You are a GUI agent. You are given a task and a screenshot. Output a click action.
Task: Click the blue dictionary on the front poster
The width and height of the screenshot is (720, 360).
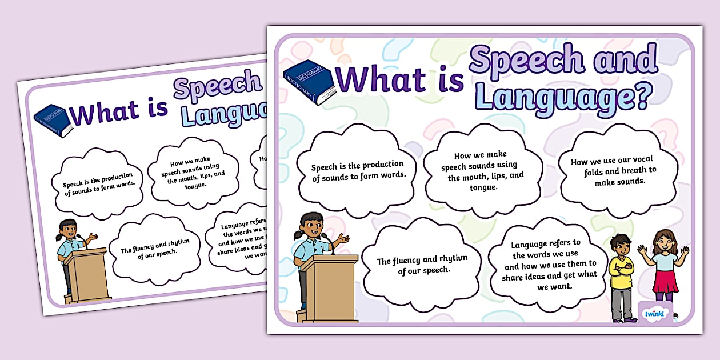pos(309,81)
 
